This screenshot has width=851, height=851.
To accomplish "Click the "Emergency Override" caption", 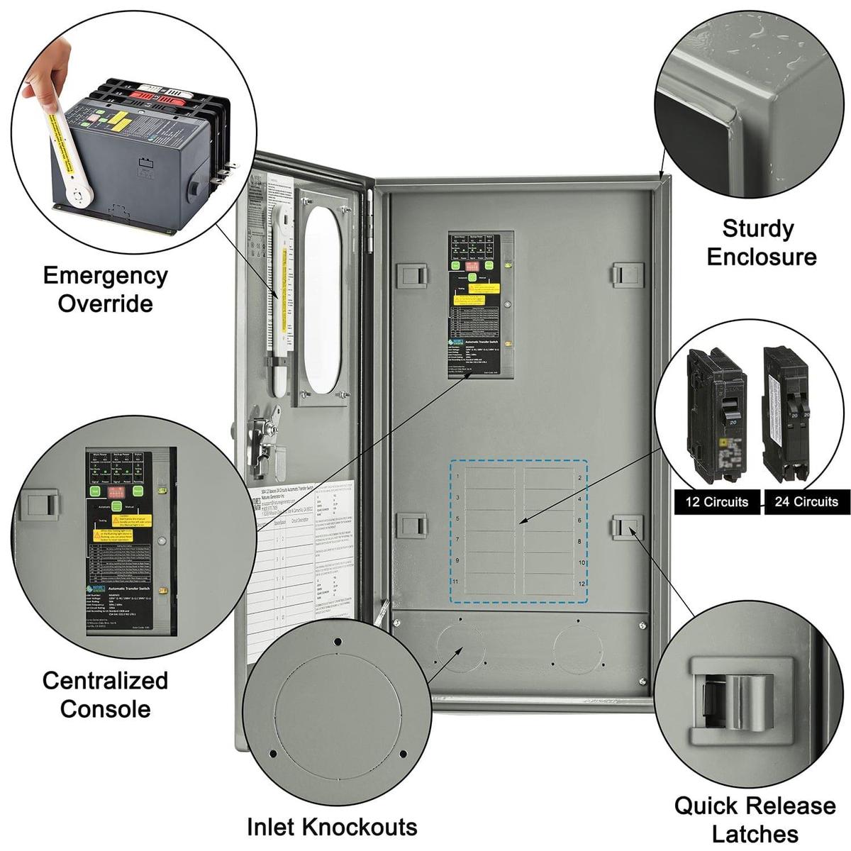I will [x=105, y=289].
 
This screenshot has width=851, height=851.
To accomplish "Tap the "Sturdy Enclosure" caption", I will [x=761, y=243].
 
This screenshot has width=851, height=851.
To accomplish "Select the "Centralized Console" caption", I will [x=105, y=694].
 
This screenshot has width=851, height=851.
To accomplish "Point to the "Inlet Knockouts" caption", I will [x=332, y=826].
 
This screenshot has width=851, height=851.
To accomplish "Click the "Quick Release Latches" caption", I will [x=755, y=819].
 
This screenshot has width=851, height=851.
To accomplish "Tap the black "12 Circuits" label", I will [x=716, y=501].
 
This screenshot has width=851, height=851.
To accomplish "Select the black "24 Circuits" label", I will [x=806, y=501].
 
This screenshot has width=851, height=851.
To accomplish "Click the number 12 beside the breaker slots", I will [x=582, y=584].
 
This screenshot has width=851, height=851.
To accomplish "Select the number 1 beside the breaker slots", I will [x=457, y=477].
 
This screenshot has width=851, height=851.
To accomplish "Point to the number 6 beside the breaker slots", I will [x=580, y=521].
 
